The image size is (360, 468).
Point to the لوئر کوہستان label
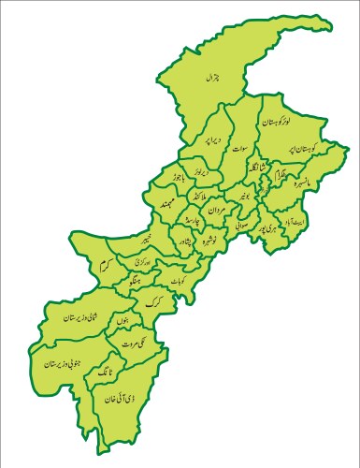pos(271,122)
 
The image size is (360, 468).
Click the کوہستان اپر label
pos(317,151)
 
